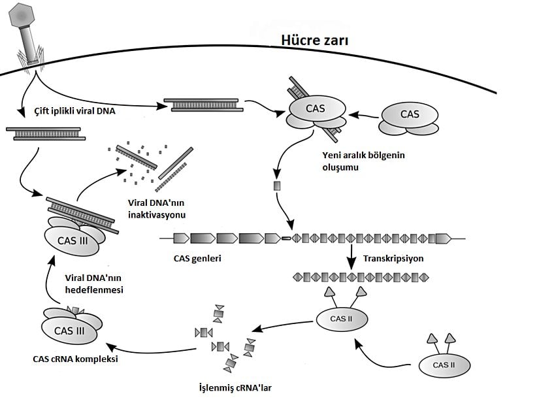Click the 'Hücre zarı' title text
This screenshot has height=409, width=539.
pos(314,41)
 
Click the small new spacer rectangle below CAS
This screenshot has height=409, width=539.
pos(276,186)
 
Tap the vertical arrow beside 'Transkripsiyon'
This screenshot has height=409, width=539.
pos(351,257)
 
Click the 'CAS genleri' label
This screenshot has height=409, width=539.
pos(198,258)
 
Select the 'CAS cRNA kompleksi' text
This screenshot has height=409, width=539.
pos(76,359)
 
